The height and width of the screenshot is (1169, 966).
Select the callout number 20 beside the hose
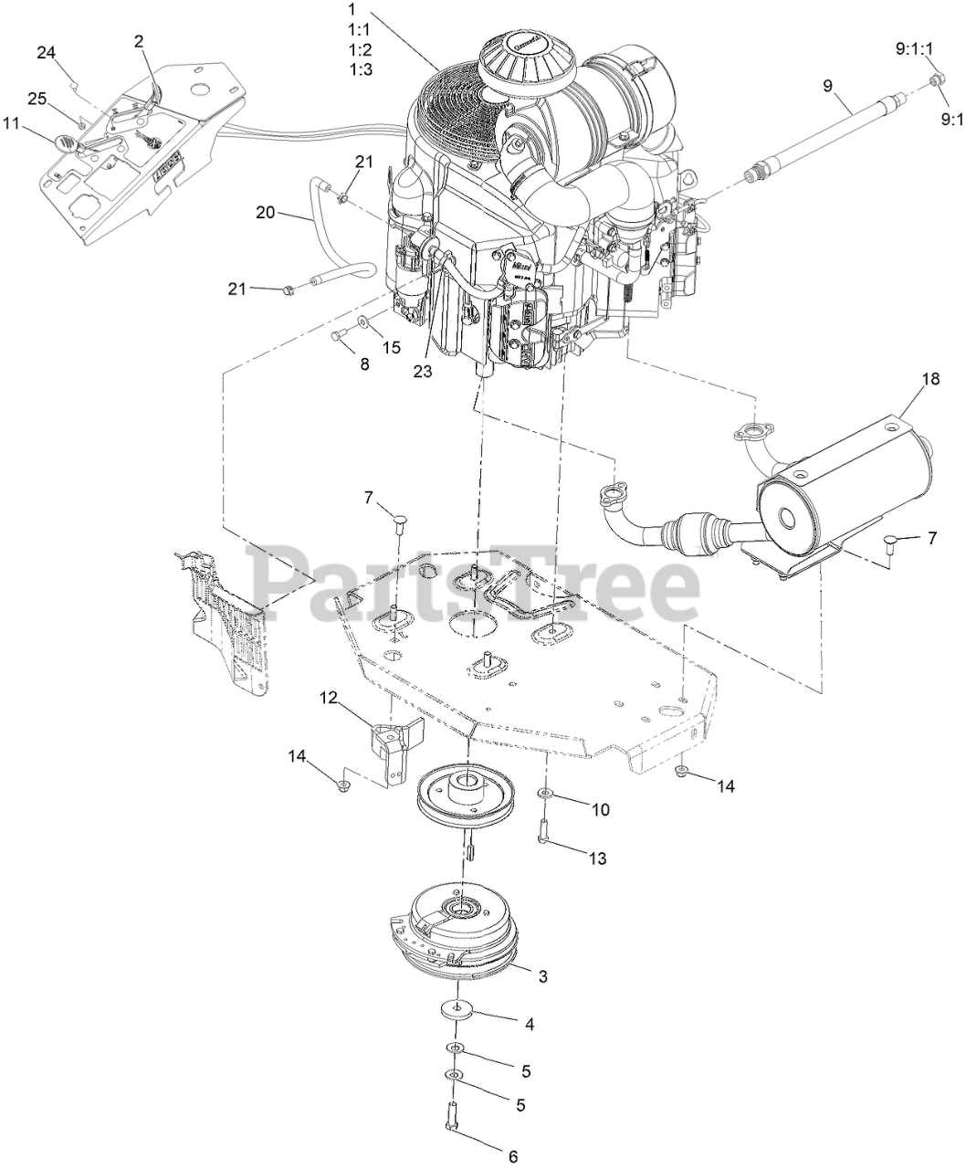[265, 212]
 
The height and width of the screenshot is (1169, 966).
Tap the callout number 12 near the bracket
[328, 699]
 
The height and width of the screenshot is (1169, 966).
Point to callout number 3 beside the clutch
[542, 976]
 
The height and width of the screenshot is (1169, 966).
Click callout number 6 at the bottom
[512, 1155]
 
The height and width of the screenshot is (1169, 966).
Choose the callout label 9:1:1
[916, 47]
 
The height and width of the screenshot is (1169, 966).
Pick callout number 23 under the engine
[422, 372]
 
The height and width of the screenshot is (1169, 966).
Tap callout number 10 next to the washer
[600, 809]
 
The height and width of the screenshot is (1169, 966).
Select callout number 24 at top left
[47, 52]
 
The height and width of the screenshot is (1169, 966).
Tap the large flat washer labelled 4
[455, 1010]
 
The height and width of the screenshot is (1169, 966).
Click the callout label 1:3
[360, 68]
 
